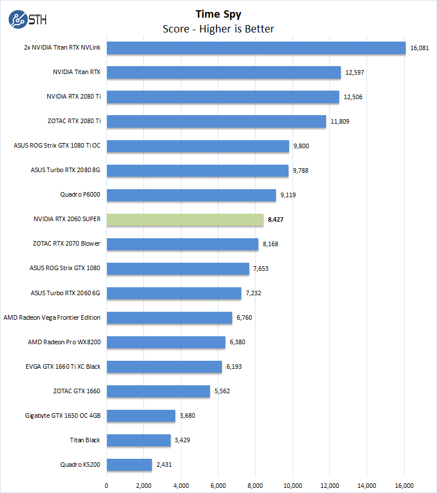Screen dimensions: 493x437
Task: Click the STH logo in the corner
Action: (x=28, y=18)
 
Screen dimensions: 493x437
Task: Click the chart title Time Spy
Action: (x=218, y=14)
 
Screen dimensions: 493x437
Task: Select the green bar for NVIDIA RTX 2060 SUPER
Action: (x=185, y=219)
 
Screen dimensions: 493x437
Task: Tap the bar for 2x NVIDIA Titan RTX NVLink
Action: (x=256, y=48)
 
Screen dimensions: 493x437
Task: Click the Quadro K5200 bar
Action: (x=129, y=465)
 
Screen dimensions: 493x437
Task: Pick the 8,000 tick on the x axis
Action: (x=255, y=485)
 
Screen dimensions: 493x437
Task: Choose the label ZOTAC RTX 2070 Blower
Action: (x=67, y=244)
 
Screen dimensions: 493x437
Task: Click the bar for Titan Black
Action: (x=138, y=440)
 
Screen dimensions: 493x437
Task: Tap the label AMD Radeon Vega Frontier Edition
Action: (x=52, y=317)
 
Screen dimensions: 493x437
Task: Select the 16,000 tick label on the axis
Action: (x=404, y=485)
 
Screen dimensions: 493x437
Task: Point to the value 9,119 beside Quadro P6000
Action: (x=288, y=195)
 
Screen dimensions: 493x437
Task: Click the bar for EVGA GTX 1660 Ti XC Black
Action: (x=164, y=366)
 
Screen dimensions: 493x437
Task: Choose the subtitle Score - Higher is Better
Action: (x=218, y=29)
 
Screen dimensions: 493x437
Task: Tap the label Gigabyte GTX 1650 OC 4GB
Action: (x=63, y=415)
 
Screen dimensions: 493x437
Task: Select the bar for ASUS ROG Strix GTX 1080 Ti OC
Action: (x=197, y=146)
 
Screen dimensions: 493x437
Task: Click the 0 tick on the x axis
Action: (x=106, y=485)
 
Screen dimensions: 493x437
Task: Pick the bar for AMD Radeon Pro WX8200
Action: (x=166, y=342)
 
